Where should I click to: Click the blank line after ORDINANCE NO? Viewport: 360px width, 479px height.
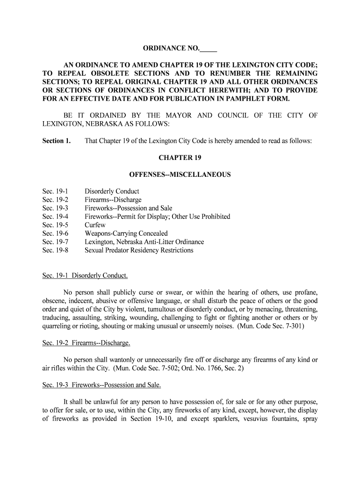pos(209,49)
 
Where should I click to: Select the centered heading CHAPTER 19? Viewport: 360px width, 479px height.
pos(180,158)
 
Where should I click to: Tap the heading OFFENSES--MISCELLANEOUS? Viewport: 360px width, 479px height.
pos(180,174)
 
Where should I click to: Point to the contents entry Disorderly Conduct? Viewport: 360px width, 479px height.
pos(112,191)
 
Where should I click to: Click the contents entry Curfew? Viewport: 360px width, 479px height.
pos(95,225)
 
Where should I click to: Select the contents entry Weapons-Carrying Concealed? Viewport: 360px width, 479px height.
pos(126,233)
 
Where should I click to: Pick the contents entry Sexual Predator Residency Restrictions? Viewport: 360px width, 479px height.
pos(139,250)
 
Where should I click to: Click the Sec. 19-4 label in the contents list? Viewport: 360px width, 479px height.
pos(55,217)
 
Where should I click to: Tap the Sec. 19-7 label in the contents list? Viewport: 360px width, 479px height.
pos(55,242)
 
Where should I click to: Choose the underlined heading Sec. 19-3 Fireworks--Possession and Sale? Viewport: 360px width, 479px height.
pos(101,385)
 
